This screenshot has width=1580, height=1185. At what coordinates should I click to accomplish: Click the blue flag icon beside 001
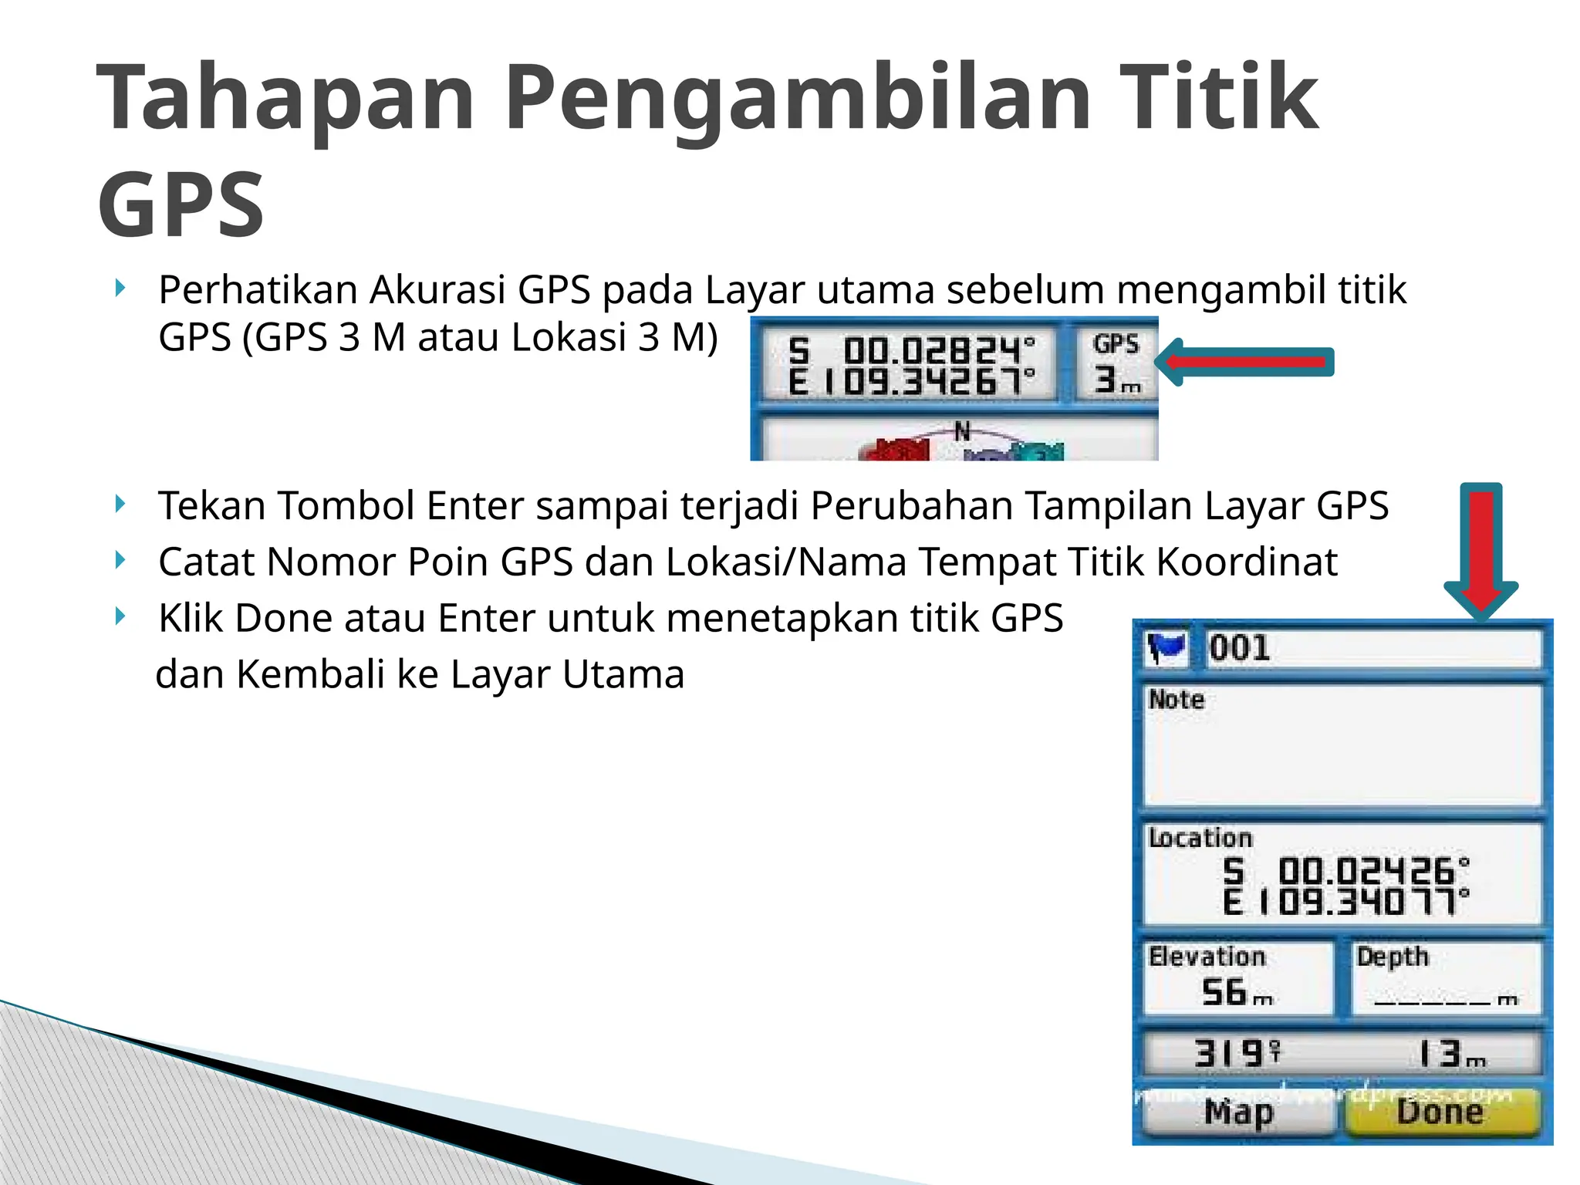click(x=1166, y=647)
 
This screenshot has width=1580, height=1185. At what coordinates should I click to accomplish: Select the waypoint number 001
click(x=1240, y=648)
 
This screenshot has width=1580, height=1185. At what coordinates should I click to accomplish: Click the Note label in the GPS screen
click(x=1176, y=700)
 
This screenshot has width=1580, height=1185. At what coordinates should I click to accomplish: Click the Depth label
click(x=1393, y=957)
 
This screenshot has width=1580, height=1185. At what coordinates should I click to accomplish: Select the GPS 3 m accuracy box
click(x=1116, y=363)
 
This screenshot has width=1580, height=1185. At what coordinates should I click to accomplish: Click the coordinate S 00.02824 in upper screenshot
click(x=911, y=350)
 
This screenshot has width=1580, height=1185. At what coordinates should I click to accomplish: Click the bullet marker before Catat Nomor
click(x=120, y=560)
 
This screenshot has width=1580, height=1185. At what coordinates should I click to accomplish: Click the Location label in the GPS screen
click(x=1200, y=838)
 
